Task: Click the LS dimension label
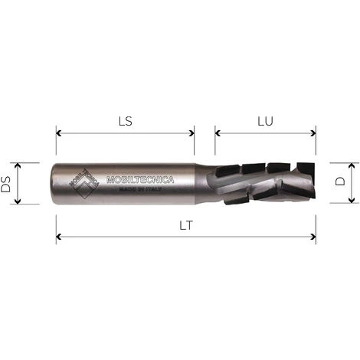tap(125, 121)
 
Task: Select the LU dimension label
tap(265, 121)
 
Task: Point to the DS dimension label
tap(7, 184)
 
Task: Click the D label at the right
tap(340, 183)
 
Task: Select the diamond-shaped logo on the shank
tap(84, 183)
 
